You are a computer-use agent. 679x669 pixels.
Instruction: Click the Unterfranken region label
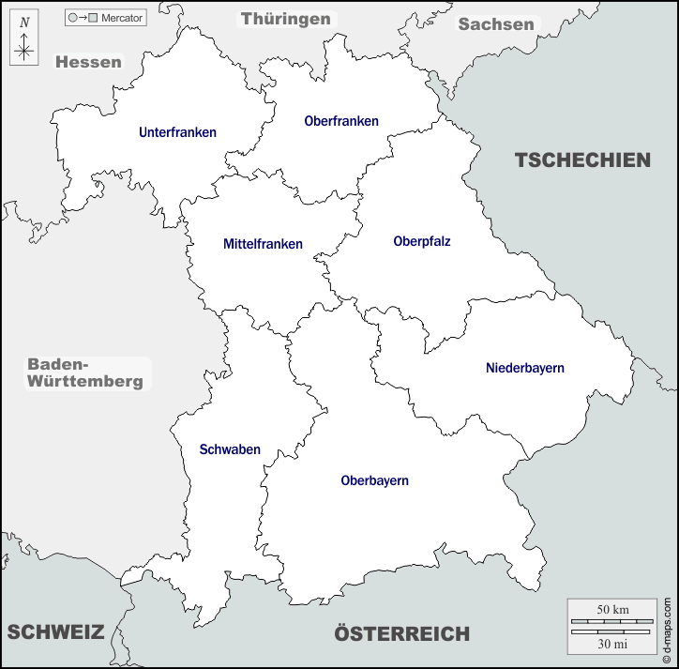point(177,133)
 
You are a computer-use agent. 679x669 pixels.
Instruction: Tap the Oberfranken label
point(341,121)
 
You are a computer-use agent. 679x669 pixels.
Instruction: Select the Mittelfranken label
point(263,244)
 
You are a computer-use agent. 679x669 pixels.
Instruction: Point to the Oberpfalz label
point(422,241)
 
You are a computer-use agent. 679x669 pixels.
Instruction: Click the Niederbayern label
point(525,368)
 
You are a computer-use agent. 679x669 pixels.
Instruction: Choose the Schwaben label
point(230,449)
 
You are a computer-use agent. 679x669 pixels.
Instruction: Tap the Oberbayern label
point(374,480)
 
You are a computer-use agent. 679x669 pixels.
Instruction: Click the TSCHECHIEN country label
point(581,160)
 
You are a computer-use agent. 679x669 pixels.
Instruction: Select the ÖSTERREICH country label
point(401,634)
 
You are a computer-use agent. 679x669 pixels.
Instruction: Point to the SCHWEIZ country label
point(55,631)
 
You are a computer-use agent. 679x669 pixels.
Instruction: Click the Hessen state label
point(88,62)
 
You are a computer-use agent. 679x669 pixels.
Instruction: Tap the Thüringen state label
point(286,19)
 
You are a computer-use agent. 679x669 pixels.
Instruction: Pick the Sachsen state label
point(496,24)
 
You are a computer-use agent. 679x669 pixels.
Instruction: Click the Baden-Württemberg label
point(85,373)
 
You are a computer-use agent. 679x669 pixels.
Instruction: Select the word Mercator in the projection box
point(122,18)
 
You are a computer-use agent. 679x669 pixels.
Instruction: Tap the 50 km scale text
point(612,610)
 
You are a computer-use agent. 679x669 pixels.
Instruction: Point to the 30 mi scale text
point(612,644)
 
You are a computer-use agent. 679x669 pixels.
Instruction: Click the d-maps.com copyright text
point(669,628)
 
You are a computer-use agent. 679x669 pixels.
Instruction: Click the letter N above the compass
point(24,22)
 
